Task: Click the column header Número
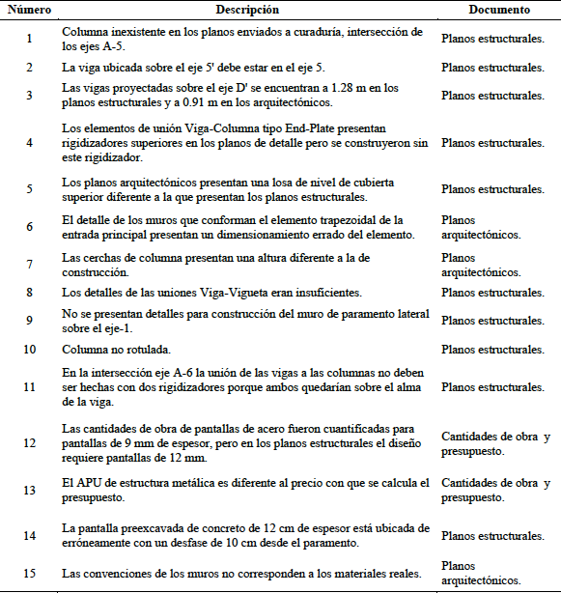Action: point(30,10)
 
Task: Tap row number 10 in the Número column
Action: point(29,349)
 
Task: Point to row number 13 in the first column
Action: point(29,490)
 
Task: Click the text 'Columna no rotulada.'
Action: point(119,349)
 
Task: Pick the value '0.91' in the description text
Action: point(199,102)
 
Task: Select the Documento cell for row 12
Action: point(495,443)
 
